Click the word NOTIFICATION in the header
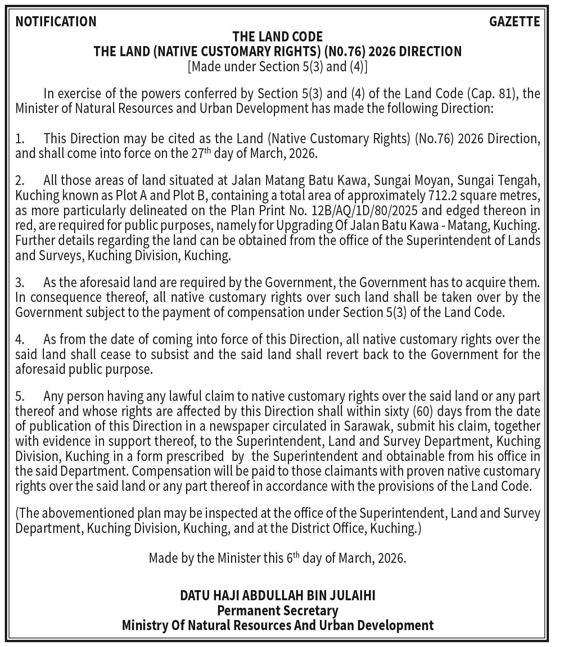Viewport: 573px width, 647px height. coord(56,22)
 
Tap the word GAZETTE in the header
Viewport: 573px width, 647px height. coord(514,22)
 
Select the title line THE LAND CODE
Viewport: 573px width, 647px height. coord(278,37)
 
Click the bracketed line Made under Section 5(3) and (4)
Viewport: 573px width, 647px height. coord(278,67)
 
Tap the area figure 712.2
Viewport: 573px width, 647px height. coord(440,195)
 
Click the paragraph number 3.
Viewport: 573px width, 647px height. coord(19,283)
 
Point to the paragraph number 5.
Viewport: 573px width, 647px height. coord(19,396)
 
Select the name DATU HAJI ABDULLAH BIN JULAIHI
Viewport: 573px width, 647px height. coord(278,596)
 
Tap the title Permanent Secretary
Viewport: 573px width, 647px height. coord(278,611)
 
